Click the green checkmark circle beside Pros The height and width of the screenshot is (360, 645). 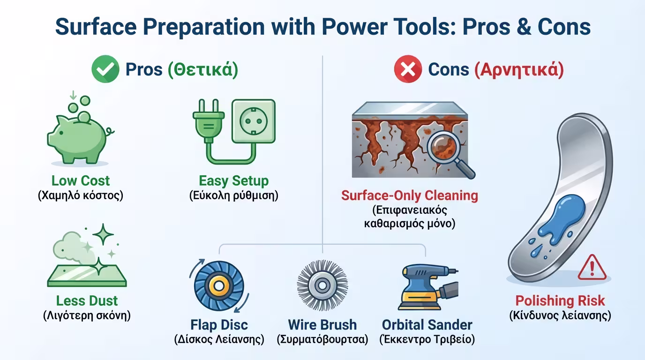pyautogui.click(x=105, y=69)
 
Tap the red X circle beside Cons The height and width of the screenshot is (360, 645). pyautogui.click(x=408, y=69)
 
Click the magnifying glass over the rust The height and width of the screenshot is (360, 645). pyautogui.click(x=448, y=153)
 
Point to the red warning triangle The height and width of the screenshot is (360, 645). pyautogui.click(x=592, y=268)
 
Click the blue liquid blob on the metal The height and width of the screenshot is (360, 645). pyautogui.click(x=560, y=222)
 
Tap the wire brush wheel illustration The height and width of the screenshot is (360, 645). pyautogui.click(x=322, y=285)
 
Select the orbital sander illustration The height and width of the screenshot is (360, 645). pyautogui.click(x=428, y=287)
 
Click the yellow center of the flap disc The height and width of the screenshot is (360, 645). pyautogui.click(x=219, y=286)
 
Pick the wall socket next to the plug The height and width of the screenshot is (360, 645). pyautogui.click(x=254, y=121)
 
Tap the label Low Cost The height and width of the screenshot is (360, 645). pyautogui.click(x=81, y=181)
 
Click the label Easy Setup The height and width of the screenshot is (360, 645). pyautogui.click(x=234, y=181)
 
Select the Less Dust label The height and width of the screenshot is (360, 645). pyautogui.click(x=87, y=300)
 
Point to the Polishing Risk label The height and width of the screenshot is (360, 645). pyautogui.click(x=560, y=300)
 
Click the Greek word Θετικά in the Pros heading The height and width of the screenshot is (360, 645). pyautogui.click(x=203, y=69)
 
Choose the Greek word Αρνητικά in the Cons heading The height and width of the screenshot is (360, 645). pyautogui.click(x=519, y=70)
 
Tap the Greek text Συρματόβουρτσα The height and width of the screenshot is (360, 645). pyautogui.click(x=322, y=339)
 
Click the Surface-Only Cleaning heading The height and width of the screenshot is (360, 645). pyautogui.click(x=410, y=195)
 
